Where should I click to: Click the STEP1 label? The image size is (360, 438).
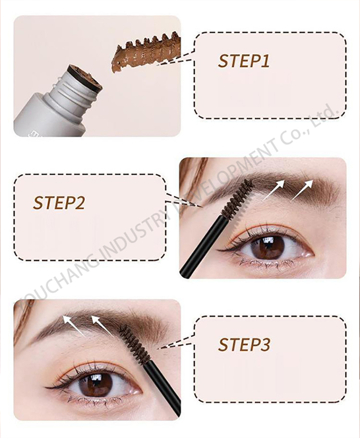(244, 61)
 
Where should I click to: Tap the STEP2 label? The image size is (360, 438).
(59, 203)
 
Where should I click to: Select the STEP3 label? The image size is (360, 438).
(244, 344)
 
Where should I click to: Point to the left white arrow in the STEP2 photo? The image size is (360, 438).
(273, 190)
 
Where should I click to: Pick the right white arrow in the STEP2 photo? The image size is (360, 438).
(302, 190)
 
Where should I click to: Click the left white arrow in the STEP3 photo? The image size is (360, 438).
(74, 326)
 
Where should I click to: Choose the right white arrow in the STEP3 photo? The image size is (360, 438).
(103, 326)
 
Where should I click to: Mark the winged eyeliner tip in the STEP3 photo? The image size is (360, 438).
(45, 387)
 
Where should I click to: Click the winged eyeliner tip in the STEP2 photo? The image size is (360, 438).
(218, 250)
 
